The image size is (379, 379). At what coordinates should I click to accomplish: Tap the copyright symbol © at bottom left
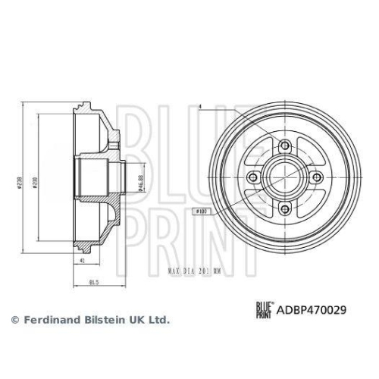tap(13, 320)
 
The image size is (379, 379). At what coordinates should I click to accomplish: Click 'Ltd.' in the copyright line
tap(158, 320)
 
